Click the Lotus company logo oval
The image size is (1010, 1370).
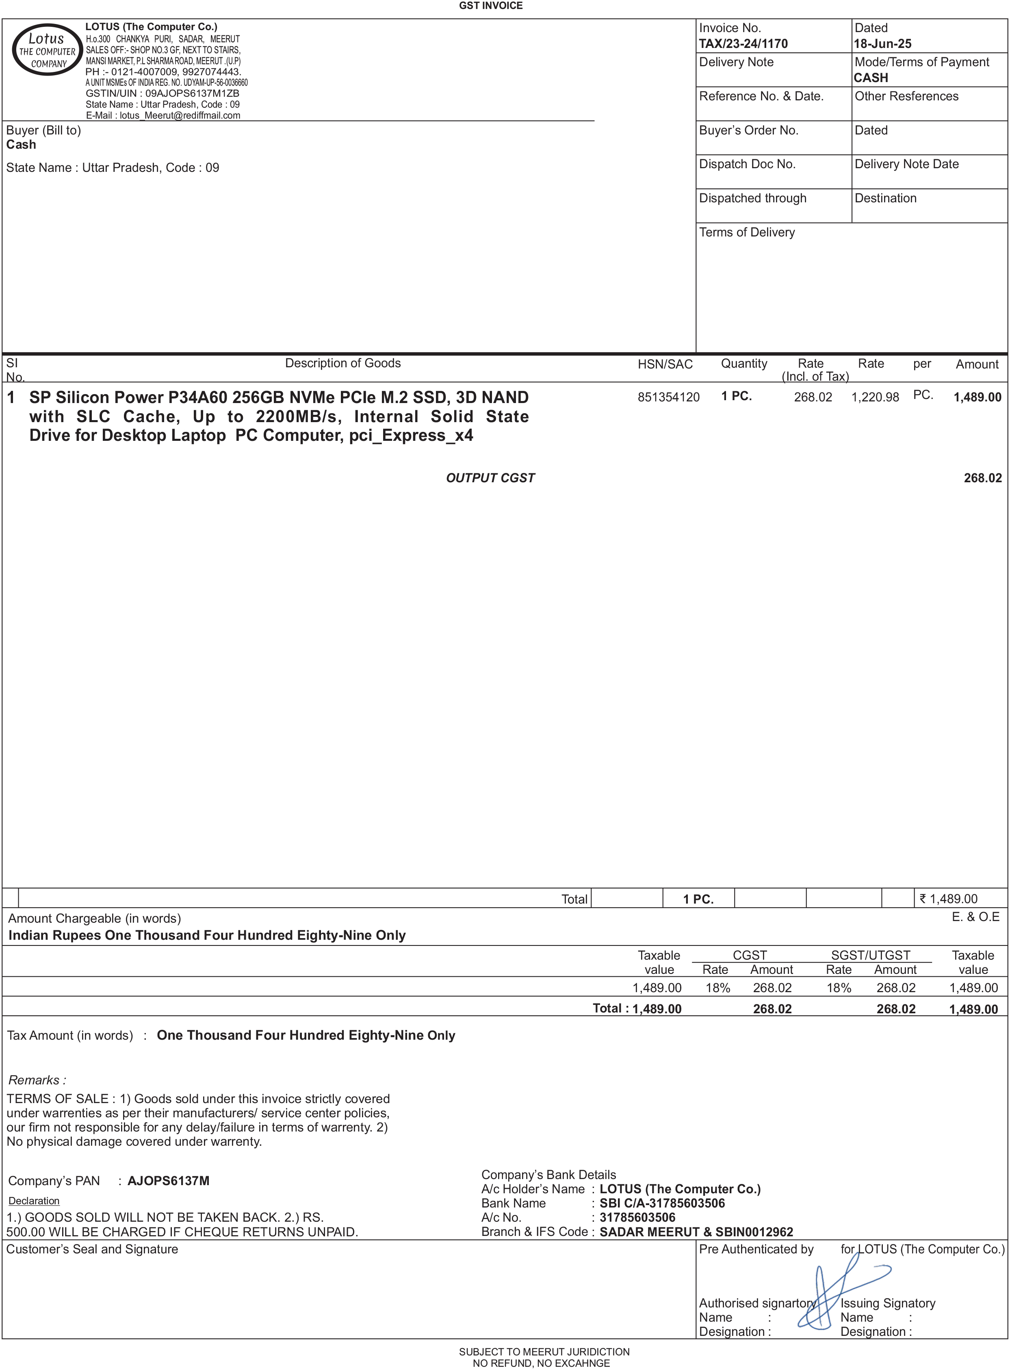(x=47, y=50)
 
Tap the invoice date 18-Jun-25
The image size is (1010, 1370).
(x=882, y=44)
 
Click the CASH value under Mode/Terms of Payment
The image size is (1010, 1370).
(x=871, y=78)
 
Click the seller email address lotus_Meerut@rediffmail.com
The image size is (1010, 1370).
(x=180, y=115)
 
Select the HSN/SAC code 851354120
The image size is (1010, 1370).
(x=668, y=397)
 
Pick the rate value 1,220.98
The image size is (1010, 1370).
(x=875, y=397)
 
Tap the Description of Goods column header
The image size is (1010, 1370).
(x=342, y=363)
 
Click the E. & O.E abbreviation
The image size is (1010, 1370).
(x=975, y=917)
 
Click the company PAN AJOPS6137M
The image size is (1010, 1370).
(x=168, y=1181)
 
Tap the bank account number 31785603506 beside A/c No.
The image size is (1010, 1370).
(x=637, y=1217)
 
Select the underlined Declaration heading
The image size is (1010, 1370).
(x=34, y=1201)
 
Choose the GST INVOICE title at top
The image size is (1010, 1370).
(x=490, y=6)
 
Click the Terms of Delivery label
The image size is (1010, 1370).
(x=746, y=232)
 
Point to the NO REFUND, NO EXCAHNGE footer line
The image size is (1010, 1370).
(x=541, y=1363)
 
